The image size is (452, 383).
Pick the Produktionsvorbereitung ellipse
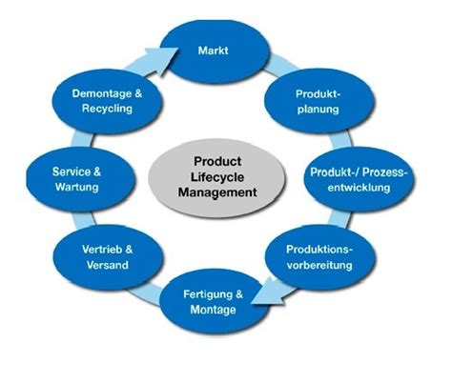point(320,255)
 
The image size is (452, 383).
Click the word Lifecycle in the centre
point(217,177)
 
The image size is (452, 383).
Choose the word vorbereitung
point(320,263)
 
